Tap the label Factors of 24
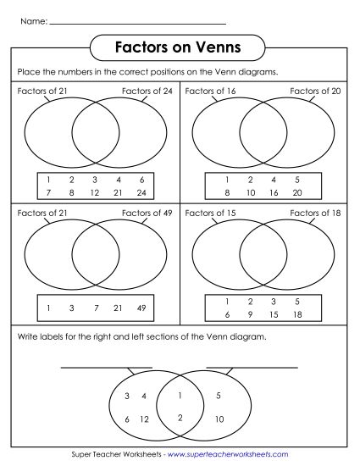147,90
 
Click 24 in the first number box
142,192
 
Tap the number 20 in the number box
298,192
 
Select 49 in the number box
142,307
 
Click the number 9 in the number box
250,314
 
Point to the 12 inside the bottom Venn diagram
144,419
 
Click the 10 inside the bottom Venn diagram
219,419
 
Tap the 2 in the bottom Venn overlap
180,417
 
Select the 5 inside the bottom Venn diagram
218,396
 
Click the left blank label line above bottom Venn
106,367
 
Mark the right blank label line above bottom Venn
252,367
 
